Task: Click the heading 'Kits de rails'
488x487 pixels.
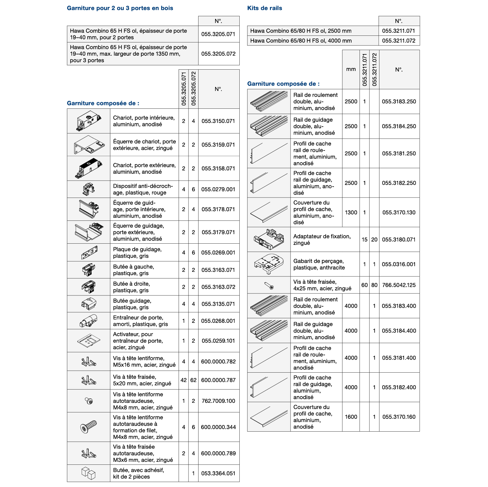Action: [265, 8]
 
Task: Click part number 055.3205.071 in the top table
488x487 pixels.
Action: [218, 34]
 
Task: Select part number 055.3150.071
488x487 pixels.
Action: [218, 121]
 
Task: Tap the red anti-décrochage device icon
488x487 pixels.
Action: [89, 189]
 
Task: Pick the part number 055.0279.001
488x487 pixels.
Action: [218, 189]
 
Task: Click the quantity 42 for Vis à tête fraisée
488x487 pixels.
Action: [184, 380]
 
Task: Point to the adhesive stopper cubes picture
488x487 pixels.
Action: [89, 473]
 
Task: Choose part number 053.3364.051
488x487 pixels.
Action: [218, 473]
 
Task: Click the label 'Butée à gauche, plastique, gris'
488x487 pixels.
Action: [133, 270]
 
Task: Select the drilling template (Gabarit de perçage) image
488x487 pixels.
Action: [269, 264]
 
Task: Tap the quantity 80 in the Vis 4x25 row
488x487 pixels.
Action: [374, 285]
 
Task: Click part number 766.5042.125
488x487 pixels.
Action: [399, 285]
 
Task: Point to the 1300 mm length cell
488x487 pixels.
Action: [351, 213]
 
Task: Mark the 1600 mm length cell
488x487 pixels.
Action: [351, 417]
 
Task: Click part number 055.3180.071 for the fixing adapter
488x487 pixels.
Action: [399, 240]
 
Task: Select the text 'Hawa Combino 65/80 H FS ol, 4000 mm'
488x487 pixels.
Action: [301, 41]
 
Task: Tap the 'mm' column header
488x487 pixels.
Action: [351, 69]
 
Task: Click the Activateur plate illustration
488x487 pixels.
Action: [89, 340]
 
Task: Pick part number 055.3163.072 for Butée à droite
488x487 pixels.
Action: [218, 287]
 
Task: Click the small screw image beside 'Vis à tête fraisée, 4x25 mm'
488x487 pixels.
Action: [269, 285]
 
